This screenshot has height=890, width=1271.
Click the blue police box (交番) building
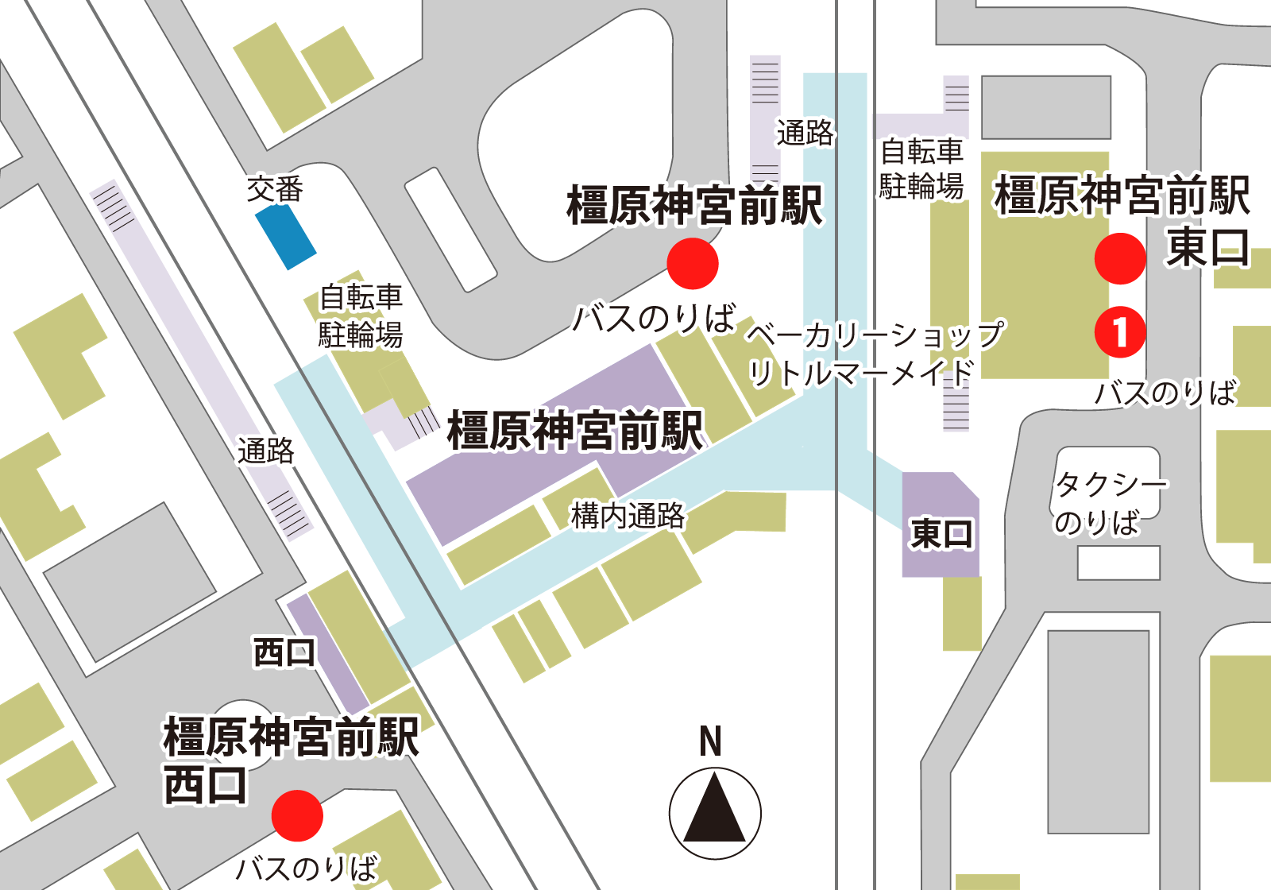click(x=285, y=237)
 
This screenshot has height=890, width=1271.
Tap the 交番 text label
click(x=275, y=189)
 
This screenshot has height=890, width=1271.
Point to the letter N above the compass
click(x=710, y=741)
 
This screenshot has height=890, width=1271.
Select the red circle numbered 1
click(x=1120, y=331)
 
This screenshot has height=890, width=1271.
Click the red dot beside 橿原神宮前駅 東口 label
click(x=1120, y=258)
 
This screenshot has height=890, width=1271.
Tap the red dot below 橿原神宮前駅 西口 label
click(x=297, y=815)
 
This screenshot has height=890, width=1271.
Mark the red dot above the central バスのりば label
click(x=693, y=264)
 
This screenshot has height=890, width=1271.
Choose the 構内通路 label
click(x=628, y=516)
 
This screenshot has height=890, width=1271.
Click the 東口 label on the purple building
click(x=941, y=533)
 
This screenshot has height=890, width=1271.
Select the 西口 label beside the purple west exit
click(x=284, y=652)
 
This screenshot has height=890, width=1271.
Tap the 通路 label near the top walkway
click(x=805, y=133)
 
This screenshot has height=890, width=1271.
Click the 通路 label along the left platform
click(x=266, y=451)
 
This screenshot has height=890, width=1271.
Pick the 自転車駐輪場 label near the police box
click(x=361, y=315)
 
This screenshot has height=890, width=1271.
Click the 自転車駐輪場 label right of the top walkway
click(x=921, y=168)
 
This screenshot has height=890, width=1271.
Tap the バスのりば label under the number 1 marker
click(x=1165, y=393)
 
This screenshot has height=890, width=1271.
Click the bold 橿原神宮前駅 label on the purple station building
click(x=575, y=430)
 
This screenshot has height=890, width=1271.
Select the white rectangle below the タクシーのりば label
click(x=1118, y=563)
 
